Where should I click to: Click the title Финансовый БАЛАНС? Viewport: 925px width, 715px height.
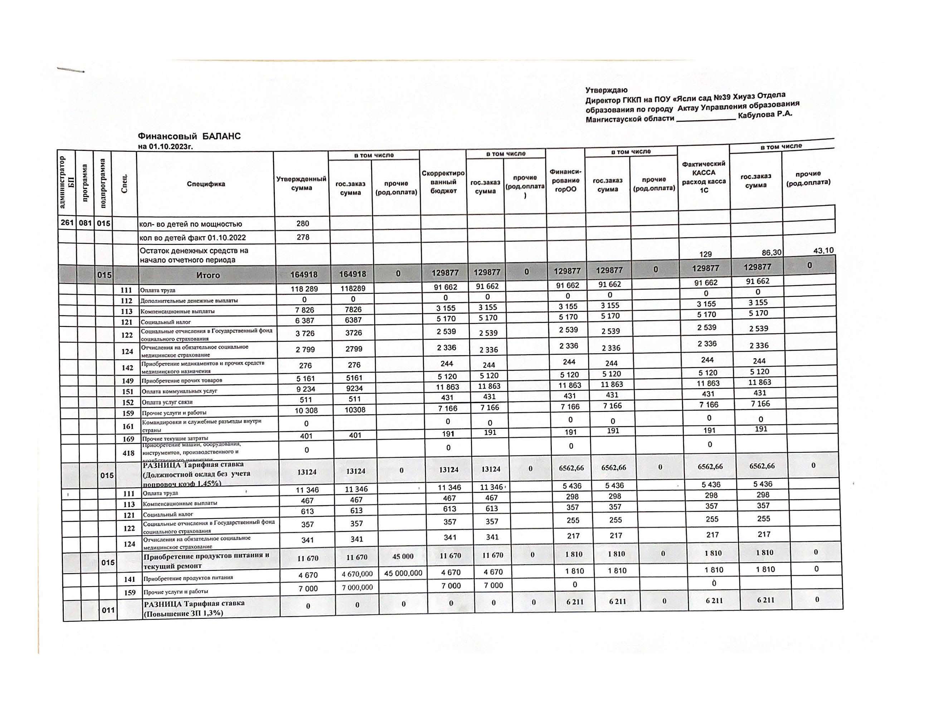coord(189,136)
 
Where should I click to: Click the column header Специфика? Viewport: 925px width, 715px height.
coord(206,184)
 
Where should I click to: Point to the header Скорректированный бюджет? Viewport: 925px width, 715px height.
coord(443,182)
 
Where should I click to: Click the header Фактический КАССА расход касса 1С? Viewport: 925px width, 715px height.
coord(704,177)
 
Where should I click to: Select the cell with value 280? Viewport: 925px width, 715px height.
coord(302,223)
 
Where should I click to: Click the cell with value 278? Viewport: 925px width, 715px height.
coord(303,237)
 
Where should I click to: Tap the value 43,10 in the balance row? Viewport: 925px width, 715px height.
coord(823,251)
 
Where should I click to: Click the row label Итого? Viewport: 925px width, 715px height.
coord(208,275)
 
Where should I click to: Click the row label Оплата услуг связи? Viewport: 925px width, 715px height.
coord(167,402)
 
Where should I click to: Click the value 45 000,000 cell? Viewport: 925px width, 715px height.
coord(403,573)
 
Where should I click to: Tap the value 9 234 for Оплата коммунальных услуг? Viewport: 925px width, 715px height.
coord(305,389)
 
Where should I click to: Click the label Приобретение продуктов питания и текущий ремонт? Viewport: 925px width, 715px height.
coord(206,561)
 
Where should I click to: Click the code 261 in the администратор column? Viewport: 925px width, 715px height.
coord(67,222)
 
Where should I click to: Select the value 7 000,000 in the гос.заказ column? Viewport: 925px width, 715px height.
coord(357,588)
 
